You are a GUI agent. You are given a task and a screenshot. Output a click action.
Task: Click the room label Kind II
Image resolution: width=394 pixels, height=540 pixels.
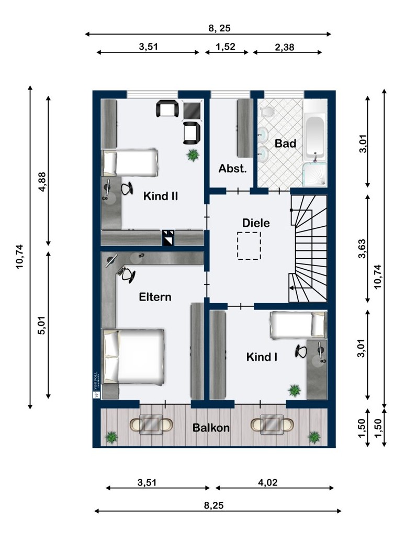[x=161, y=196]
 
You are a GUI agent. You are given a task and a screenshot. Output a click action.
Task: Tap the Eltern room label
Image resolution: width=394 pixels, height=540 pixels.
[x=155, y=297]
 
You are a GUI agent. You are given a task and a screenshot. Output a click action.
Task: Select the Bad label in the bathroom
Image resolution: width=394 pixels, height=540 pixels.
[x=286, y=143]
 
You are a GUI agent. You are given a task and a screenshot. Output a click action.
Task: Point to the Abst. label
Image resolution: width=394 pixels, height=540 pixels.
[x=232, y=169]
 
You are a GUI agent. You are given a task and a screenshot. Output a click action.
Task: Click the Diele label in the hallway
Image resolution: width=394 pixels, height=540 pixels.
[x=256, y=223]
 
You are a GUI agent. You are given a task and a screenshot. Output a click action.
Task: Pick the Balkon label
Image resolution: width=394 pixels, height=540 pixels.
[x=211, y=427]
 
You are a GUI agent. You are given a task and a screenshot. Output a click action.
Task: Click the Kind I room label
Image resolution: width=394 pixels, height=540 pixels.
[x=262, y=357]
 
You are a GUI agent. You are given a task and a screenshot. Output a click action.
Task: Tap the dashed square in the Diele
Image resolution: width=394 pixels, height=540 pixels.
[x=249, y=246]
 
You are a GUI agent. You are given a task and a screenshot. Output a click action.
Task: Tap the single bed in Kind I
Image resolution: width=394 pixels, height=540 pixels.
[x=298, y=324]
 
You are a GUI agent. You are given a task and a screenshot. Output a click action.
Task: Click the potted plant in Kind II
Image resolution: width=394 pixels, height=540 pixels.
[x=193, y=155]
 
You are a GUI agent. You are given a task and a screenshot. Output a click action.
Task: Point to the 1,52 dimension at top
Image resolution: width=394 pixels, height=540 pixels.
[x=226, y=47]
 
